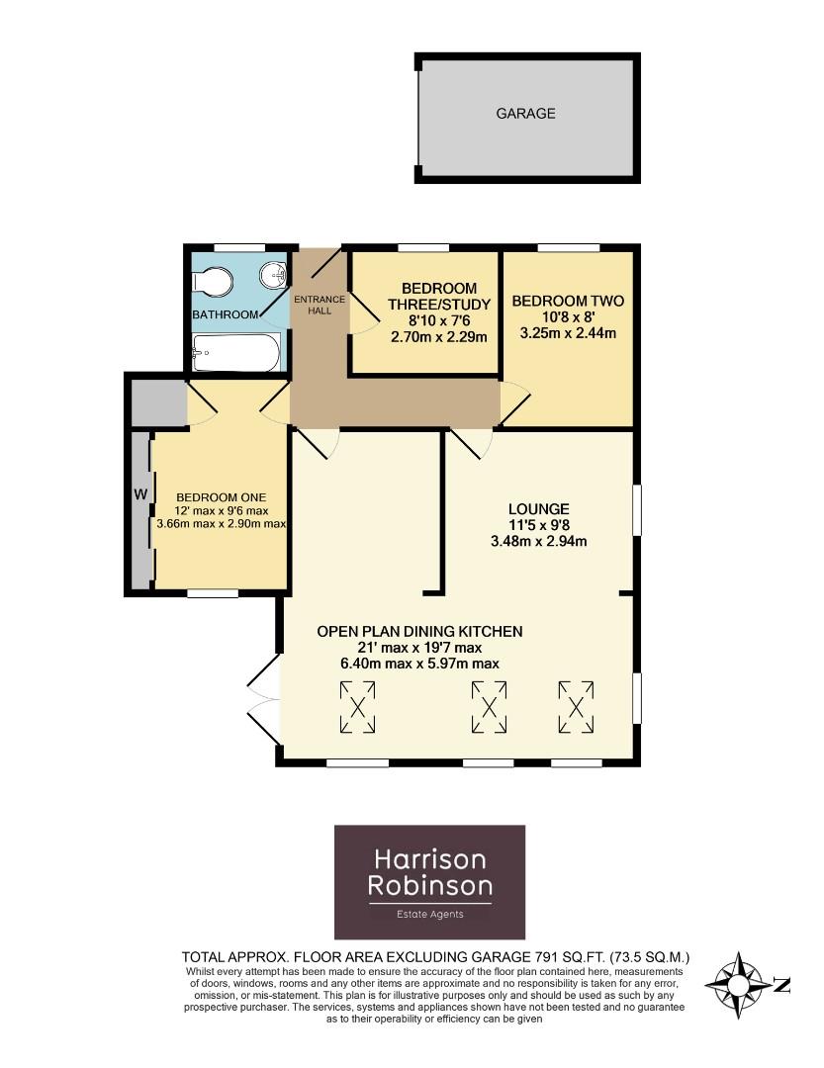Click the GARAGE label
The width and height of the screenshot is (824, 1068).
coord(525,114)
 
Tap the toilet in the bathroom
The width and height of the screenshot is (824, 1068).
coord(213,283)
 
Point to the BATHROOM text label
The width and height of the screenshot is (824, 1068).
coord(225,315)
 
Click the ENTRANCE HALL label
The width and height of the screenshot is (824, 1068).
coord(319,305)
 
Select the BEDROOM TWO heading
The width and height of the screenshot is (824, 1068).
coord(568,301)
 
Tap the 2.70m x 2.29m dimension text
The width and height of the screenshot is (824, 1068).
coord(426,337)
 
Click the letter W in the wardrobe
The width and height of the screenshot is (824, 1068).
coord(140,493)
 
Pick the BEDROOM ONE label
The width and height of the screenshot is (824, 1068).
coord(221,496)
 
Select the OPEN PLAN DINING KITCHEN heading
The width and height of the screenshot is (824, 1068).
coord(419,631)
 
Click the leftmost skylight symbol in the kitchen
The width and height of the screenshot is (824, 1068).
coord(358,707)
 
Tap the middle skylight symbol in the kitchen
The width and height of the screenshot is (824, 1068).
coord(489,707)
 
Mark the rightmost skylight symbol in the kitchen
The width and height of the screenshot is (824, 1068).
coord(577,707)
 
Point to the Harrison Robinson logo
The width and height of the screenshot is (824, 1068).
coord(429,882)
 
